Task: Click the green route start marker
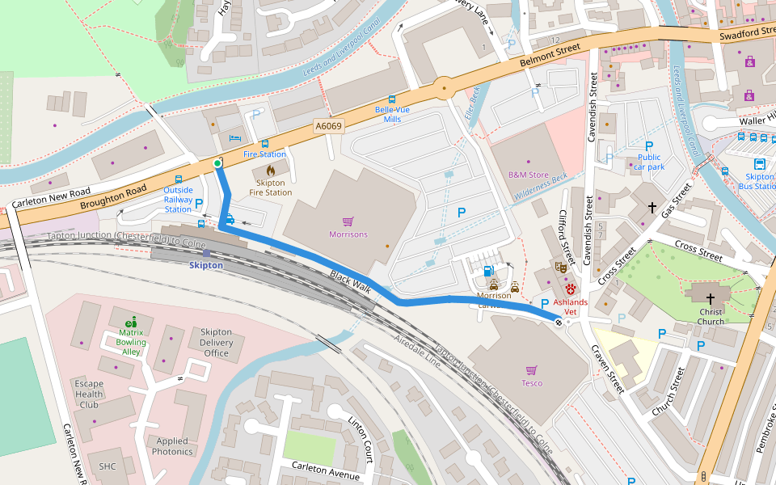tap(217, 163)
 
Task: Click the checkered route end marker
tap(559, 323)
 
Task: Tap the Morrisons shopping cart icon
tap(348, 221)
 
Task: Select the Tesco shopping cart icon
tap(531, 369)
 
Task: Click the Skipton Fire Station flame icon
tap(270, 171)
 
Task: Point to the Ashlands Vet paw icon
tap(571, 289)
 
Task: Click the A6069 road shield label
tap(329, 126)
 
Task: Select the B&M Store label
tap(528, 175)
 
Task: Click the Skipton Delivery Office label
tap(216, 343)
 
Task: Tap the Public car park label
tap(648, 162)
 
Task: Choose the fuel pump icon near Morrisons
tap(487, 272)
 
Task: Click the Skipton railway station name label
tap(206, 265)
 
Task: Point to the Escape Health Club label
tap(89, 394)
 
